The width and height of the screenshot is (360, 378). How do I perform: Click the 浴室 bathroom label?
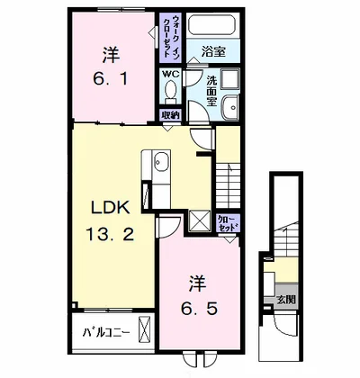(x=213, y=52)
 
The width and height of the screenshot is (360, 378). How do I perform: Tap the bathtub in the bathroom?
(x=213, y=24)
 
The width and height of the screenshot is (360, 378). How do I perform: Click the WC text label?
(x=171, y=74)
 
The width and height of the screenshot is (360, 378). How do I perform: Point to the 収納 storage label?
(x=170, y=115)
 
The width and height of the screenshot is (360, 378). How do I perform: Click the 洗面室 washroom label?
(x=212, y=91)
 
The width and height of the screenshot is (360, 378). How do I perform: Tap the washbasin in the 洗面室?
(x=231, y=106)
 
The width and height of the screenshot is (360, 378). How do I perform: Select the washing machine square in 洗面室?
(x=230, y=78)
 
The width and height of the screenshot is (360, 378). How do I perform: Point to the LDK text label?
(x=111, y=208)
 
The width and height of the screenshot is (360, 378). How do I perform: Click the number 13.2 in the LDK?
(x=110, y=234)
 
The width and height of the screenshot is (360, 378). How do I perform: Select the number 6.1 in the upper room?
(x=110, y=78)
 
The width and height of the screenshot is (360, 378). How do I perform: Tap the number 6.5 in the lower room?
(x=199, y=308)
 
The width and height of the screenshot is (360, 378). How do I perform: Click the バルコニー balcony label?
(x=106, y=332)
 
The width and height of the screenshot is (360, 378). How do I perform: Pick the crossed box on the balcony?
(x=145, y=328)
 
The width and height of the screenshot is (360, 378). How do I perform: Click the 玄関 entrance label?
(x=286, y=299)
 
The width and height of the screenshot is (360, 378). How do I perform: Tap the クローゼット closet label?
(x=228, y=222)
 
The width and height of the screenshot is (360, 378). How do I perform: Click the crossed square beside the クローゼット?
(x=199, y=221)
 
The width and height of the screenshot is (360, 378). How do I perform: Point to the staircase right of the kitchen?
(x=228, y=185)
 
